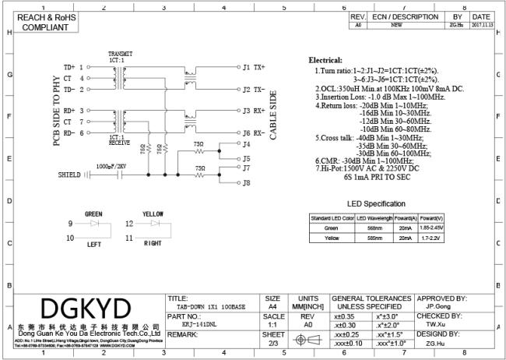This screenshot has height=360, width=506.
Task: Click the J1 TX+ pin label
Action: tap(254, 68)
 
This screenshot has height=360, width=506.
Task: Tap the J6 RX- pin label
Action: tap(254, 133)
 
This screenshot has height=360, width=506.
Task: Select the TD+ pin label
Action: tap(69, 68)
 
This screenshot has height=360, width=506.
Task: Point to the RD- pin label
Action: tap(69, 133)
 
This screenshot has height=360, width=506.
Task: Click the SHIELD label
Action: tap(69, 175)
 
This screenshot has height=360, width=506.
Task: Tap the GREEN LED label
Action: tap(93, 214)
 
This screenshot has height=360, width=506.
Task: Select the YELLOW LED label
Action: tap(153, 214)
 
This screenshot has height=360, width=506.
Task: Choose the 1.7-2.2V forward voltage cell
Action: tap(430, 238)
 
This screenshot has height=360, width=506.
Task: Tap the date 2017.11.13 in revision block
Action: tap(481, 25)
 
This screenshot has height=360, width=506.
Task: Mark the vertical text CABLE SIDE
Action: tap(273, 117)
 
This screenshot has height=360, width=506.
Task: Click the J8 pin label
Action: tap(247, 183)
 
